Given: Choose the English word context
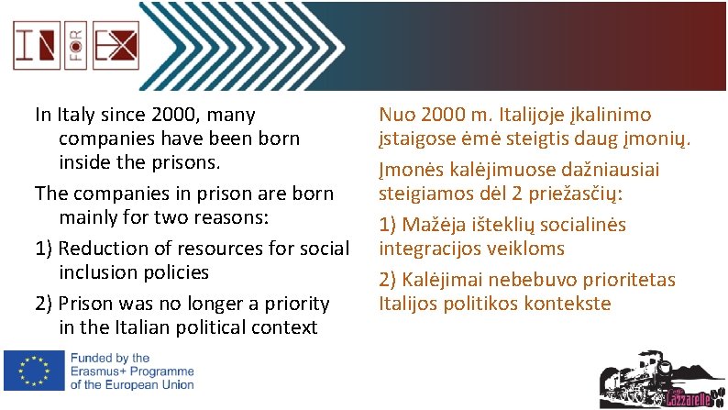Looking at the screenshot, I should (x=284, y=327).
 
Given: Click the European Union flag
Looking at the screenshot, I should (x=33, y=371).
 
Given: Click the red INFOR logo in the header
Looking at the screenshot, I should (x=74, y=45).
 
